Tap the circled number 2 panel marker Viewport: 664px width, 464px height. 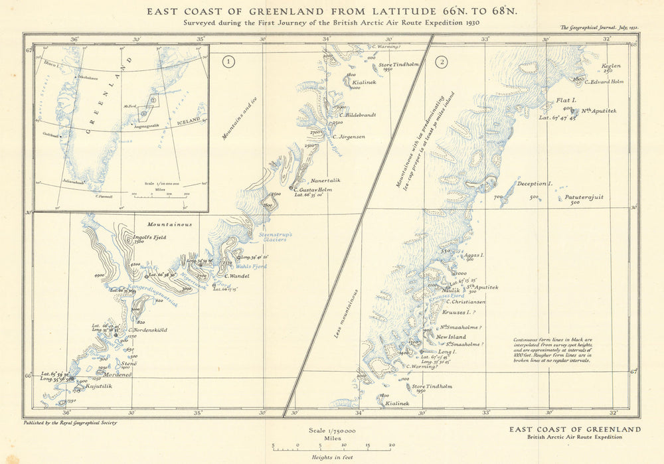click(441, 63)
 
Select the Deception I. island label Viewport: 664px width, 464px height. click(534, 184)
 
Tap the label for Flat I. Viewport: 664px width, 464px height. click(566, 100)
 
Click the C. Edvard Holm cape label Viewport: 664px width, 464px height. click(604, 82)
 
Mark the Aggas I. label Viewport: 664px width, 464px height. click(473, 255)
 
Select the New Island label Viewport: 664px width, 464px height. click(452, 337)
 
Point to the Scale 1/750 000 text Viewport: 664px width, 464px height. click(332, 430)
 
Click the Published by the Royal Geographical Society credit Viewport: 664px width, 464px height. click(74, 422)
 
